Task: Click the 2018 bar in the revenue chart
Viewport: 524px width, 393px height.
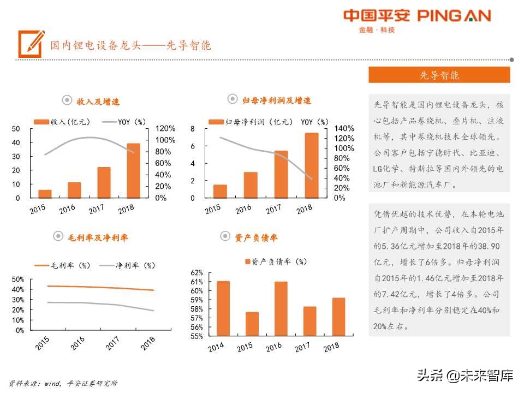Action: point(133,170)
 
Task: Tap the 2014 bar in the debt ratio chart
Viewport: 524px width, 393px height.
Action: point(223,308)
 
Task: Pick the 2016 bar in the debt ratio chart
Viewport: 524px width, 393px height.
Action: point(281,308)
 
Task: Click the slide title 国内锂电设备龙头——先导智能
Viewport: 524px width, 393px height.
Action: point(130,45)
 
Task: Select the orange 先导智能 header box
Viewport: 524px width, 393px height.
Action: point(439,75)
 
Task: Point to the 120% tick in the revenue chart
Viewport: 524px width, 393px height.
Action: point(165,129)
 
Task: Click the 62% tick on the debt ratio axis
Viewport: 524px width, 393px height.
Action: point(196,272)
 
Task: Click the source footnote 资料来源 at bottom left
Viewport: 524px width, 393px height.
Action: point(63,383)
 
